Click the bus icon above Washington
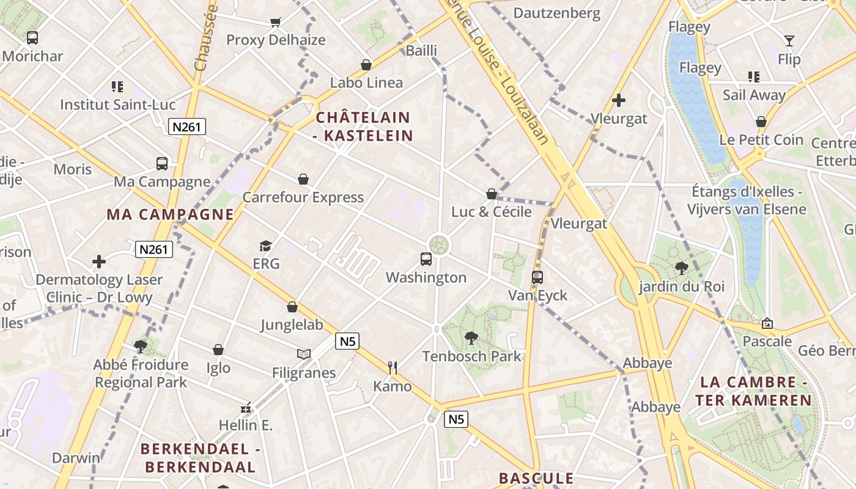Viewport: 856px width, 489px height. point(426,259)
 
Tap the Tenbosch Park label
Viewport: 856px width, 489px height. point(472,356)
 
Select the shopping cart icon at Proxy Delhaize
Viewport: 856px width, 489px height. point(276,23)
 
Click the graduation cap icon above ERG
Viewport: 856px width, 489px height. point(265,246)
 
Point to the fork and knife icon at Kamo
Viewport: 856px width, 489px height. point(393,367)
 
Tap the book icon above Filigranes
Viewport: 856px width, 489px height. point(304,354)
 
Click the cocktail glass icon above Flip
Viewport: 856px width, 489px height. point(789,41)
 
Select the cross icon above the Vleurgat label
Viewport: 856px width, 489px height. point(619,100)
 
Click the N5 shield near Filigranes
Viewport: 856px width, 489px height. point(347,341)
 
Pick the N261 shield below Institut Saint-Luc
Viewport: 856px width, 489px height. point(187,127)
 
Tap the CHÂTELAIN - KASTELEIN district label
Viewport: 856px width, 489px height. point(363,127)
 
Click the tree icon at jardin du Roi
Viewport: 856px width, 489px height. point(681,268)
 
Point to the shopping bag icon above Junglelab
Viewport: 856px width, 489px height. point(292,307)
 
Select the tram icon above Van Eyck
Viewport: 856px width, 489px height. point(537,278)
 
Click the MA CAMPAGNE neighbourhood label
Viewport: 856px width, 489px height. point(171,215)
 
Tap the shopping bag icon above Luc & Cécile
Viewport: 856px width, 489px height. point(492,194)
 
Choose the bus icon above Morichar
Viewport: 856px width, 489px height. point(32,38)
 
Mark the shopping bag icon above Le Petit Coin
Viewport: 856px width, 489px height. point(761,122)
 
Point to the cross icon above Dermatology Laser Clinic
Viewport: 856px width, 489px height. point(99,262)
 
